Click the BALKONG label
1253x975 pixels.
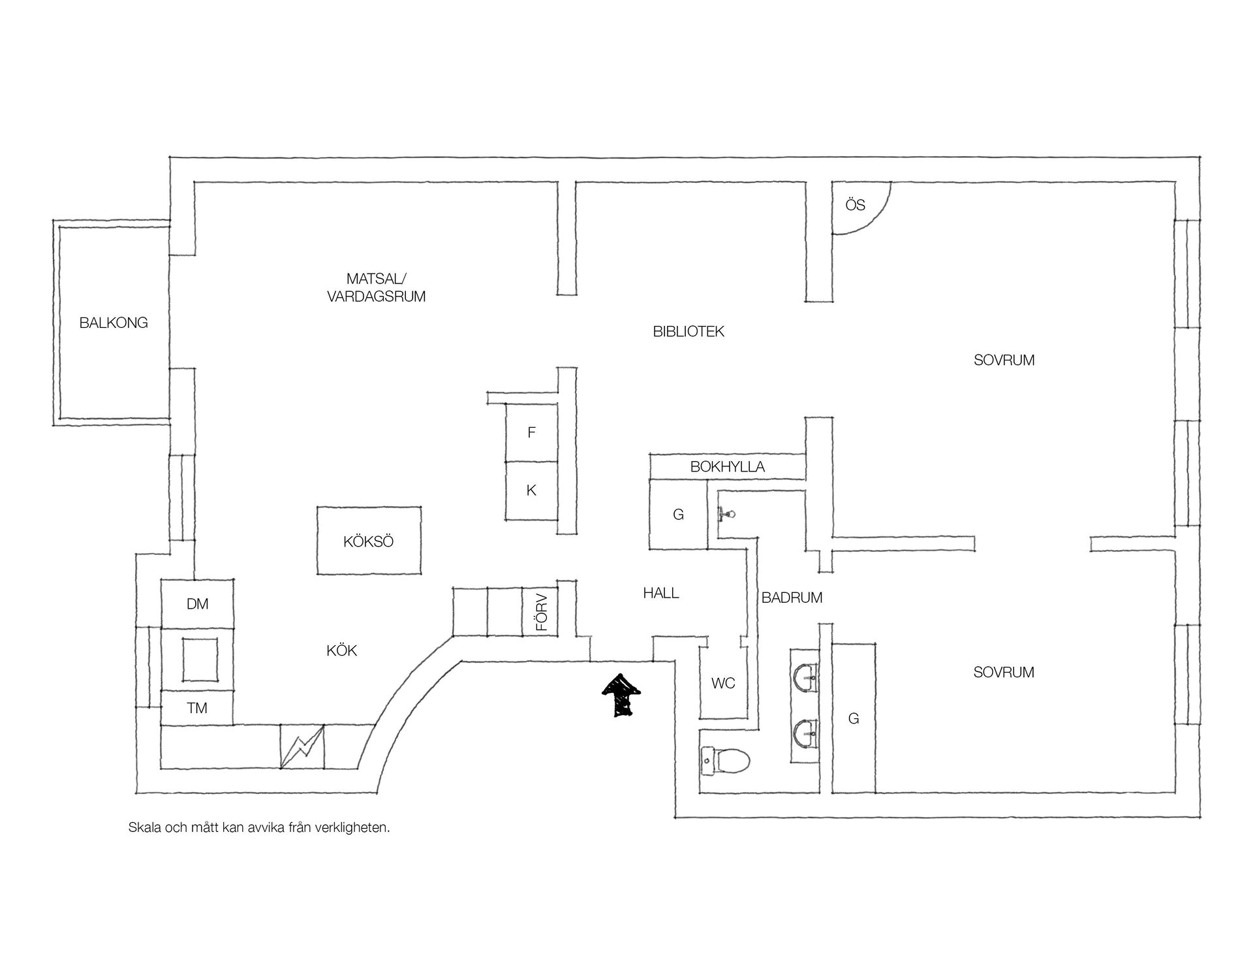pos(114,323)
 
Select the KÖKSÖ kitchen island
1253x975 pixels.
pos(369,541)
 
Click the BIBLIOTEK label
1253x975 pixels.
pos(688,332)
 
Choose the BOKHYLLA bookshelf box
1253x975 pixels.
pos(727,466)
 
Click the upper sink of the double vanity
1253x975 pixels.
pos(806,679)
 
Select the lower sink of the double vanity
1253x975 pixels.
pos(806,734)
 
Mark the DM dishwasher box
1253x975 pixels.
pos(197,603)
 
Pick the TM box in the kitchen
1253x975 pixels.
pos(197,707)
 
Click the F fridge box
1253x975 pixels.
pos(531,432)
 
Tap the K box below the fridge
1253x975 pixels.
pos(531,491)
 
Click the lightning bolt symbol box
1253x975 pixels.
pos(302,746)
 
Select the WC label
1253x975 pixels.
pos(723,683)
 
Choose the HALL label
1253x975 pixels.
pos(661,593)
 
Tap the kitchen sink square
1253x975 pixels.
pos(200,660)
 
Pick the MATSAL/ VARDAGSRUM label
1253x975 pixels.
pos(377,288)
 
